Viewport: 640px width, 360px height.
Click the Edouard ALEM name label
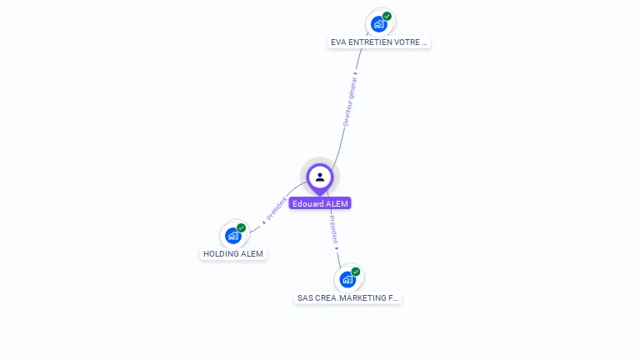[x=320, y=203]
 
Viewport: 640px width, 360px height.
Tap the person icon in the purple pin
[x=320, y=177]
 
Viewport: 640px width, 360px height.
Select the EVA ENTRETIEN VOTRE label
[x=379, y=42]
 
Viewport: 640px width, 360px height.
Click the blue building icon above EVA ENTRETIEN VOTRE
[x=379, y=24]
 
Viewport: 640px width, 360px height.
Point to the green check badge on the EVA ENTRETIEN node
[x=387, y=16]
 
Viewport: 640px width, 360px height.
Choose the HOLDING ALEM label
[x=233, y=253]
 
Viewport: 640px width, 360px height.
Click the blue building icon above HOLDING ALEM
[x=233, y=236]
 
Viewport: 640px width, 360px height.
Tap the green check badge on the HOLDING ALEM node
[x=242, y=227]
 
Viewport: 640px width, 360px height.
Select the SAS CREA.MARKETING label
[x=348, y=297]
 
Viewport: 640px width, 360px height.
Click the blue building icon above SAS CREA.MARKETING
[x=347, y=279]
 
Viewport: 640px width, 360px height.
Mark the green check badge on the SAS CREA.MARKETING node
[x=356, y=272]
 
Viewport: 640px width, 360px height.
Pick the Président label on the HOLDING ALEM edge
[x=276, y=208]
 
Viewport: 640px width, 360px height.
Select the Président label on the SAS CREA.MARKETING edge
[x=332, y=229]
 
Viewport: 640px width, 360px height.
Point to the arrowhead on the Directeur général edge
[x=356, y=73]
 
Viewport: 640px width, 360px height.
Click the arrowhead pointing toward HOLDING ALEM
[x=263, y=222]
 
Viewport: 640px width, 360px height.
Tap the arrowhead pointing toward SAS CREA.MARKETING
[x=337, y=247]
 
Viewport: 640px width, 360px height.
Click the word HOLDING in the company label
[x=222, y=253]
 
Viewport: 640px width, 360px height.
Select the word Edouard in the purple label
[x=307, y=203]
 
